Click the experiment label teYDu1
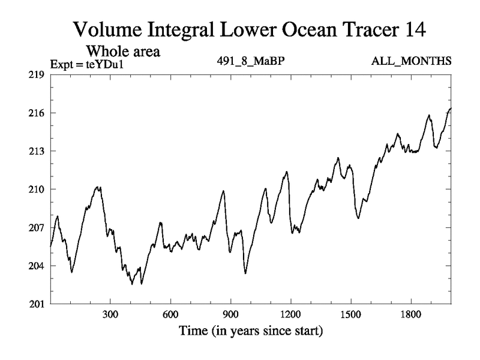[100, 62]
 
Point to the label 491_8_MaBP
[246, 61]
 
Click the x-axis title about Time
[250, 331]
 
